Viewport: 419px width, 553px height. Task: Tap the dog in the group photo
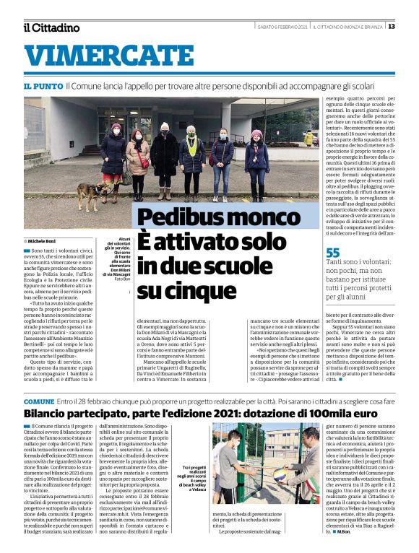coord(90,193)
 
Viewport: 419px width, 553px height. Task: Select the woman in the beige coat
coord(137,159)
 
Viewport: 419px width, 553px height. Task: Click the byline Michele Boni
coord(43,240)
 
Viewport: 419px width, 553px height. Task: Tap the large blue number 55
coord(332,253)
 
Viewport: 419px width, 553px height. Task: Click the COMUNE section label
coord(39,401)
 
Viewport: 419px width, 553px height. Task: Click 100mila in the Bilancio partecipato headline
coord(324,414)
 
